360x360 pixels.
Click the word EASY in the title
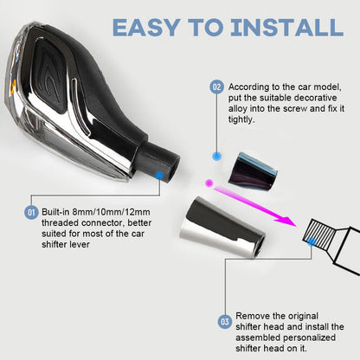[145, 28]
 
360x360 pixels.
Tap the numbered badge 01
[31, 213]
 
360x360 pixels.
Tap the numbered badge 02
[216, 87]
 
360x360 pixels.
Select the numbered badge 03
[225, 321]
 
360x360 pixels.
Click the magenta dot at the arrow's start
[209, 183]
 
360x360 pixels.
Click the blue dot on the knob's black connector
[159, 175]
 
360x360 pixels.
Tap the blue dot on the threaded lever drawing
[312, 241]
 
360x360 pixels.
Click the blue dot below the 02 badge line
[216, 157]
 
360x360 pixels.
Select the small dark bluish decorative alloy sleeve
[253, 171]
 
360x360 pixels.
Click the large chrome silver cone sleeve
[222, 228]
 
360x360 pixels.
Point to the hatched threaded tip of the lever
[318, 235]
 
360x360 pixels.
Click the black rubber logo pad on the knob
[53, 77]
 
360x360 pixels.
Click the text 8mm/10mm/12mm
[111, 212]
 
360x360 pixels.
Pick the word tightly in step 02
[241, 119]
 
